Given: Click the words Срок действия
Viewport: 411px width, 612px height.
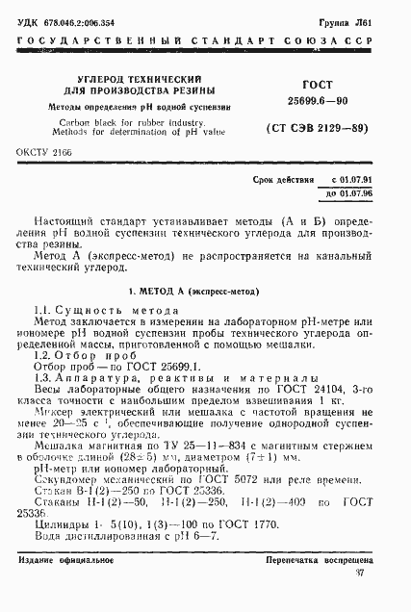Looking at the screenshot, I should pos(280,181).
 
